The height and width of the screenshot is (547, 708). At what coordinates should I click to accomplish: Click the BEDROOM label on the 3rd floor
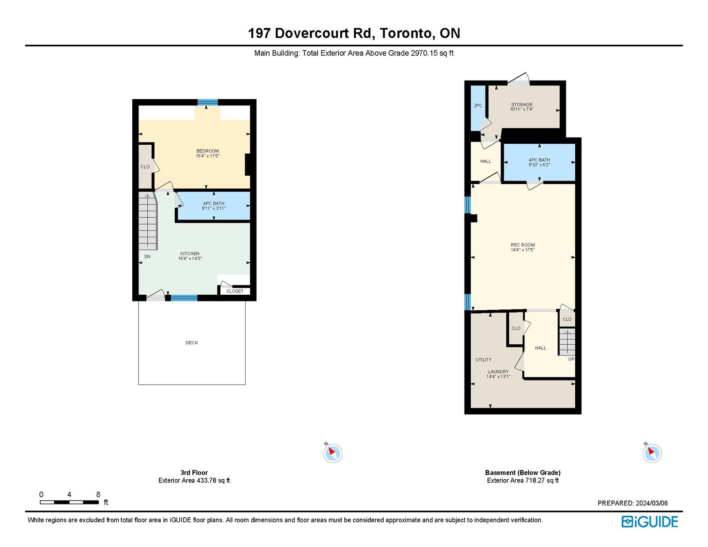pyautogui.click(x=208, y=151)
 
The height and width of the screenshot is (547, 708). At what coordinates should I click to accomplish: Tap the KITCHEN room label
pyautogui.click(x=190, y=254)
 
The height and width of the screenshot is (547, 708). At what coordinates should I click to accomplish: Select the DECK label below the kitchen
pyautogui.click(x=192, y=343)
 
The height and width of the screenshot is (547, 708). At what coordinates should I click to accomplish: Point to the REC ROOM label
pyautogui.click(x=523, y=245)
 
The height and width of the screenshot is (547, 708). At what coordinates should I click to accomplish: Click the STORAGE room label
pyautogui.click(x=521, y=104)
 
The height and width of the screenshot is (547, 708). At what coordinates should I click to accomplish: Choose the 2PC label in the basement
pyautogui.click(x=477, y=106)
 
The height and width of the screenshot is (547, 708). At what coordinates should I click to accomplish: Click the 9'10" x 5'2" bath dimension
pyautogui.click(x=539, y=165)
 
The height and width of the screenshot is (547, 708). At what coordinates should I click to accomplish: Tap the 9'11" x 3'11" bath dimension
pyautogui.click(x=213, y=208)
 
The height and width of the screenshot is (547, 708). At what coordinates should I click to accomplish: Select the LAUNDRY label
pyautogui.click(x=498, y=372)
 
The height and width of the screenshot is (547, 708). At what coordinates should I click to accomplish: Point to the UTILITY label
pyautogui.click(x=484, y=360)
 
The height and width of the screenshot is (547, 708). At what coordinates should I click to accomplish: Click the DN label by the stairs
pyautogui.click(x=147, y=256)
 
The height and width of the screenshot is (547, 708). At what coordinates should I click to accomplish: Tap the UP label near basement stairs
pyautogui.click(x=571, y=359)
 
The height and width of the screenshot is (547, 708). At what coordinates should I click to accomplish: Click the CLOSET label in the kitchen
pyautogui.click(x=235, y=291)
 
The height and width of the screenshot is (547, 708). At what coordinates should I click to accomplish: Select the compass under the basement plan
pyautogui.click(x=652, y=453)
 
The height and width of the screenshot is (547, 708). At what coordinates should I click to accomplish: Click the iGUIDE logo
pyautogui.click(x=650, y=522)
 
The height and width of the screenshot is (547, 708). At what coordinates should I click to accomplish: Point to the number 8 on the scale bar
pyautogui.click(x=98, y=494)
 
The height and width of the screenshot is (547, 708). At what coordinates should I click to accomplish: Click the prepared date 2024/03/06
pyautogui.click(x=652, y=503)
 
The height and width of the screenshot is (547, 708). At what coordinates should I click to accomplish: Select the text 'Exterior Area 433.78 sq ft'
pyautogui.click(x=194, y=480)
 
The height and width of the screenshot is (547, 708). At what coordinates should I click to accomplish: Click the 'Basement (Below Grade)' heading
pyautogui.click(x=523, y=472)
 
